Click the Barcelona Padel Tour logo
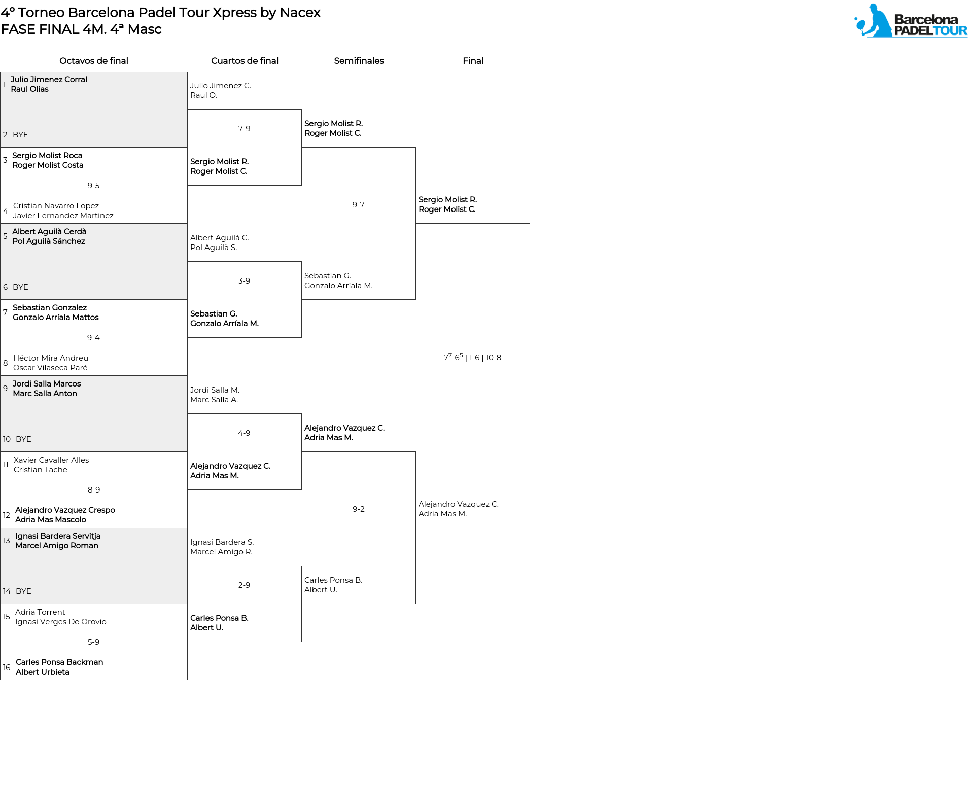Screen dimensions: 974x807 point(911,21)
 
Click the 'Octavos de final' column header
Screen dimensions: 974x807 point(94,61)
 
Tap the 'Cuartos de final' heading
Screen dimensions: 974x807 point(245,61)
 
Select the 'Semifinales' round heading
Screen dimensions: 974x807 point(359,61)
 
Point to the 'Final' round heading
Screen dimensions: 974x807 point(473,61)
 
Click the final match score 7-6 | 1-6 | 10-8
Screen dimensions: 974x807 point(472,357)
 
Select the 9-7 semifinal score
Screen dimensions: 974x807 point(359,205)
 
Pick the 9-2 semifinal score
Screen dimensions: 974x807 point(359,509)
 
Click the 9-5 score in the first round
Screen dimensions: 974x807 point(94,186)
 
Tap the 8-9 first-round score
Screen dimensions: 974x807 point(94,490)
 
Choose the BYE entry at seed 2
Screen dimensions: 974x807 point(20,135)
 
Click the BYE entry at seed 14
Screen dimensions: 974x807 point(23,591)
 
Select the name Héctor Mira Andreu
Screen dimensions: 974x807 point(51,358)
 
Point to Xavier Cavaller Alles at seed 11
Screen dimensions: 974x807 point(51,460)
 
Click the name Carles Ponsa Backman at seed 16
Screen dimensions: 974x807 point(59,662)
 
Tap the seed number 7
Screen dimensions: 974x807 point(5,312)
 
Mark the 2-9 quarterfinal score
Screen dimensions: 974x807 point(244,585)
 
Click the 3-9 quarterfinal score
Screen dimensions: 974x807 point(244,281)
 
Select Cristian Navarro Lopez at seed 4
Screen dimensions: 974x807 point(56,206)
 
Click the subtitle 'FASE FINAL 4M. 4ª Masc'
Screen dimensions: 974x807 point(81,29)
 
